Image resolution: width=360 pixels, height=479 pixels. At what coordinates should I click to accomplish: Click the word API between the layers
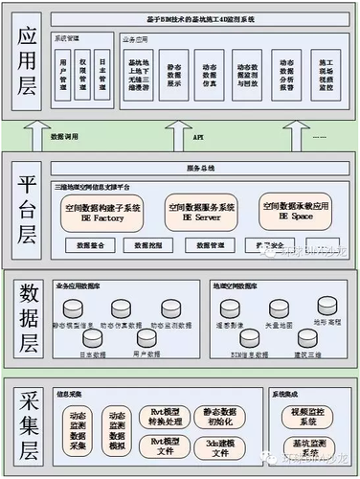click(x=198, y=137)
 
